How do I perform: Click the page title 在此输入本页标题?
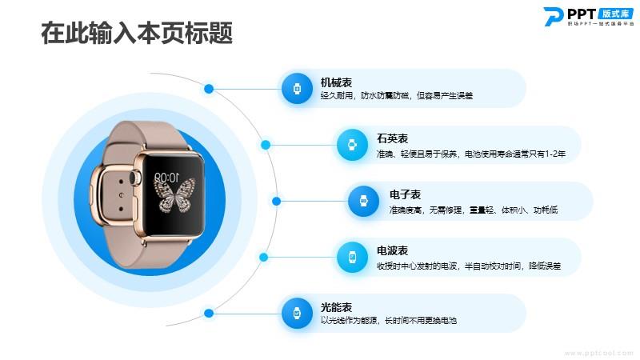137,33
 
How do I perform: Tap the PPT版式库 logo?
588,16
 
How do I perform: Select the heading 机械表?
336,82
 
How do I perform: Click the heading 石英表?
392,138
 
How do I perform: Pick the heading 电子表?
405,194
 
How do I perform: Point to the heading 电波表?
392,250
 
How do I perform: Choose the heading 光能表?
336,307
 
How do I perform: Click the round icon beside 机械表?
297,89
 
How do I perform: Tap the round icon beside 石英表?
352,145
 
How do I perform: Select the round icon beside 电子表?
364,201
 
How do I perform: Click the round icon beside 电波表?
352,257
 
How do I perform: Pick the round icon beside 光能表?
297,313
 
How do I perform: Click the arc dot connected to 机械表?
209,89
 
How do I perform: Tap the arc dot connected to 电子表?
276,201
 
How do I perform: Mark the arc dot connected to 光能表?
209,313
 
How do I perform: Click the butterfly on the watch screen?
174,195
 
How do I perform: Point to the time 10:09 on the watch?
166,177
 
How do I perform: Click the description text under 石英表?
471,154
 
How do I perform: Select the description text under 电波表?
469,266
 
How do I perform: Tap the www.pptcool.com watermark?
598,353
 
